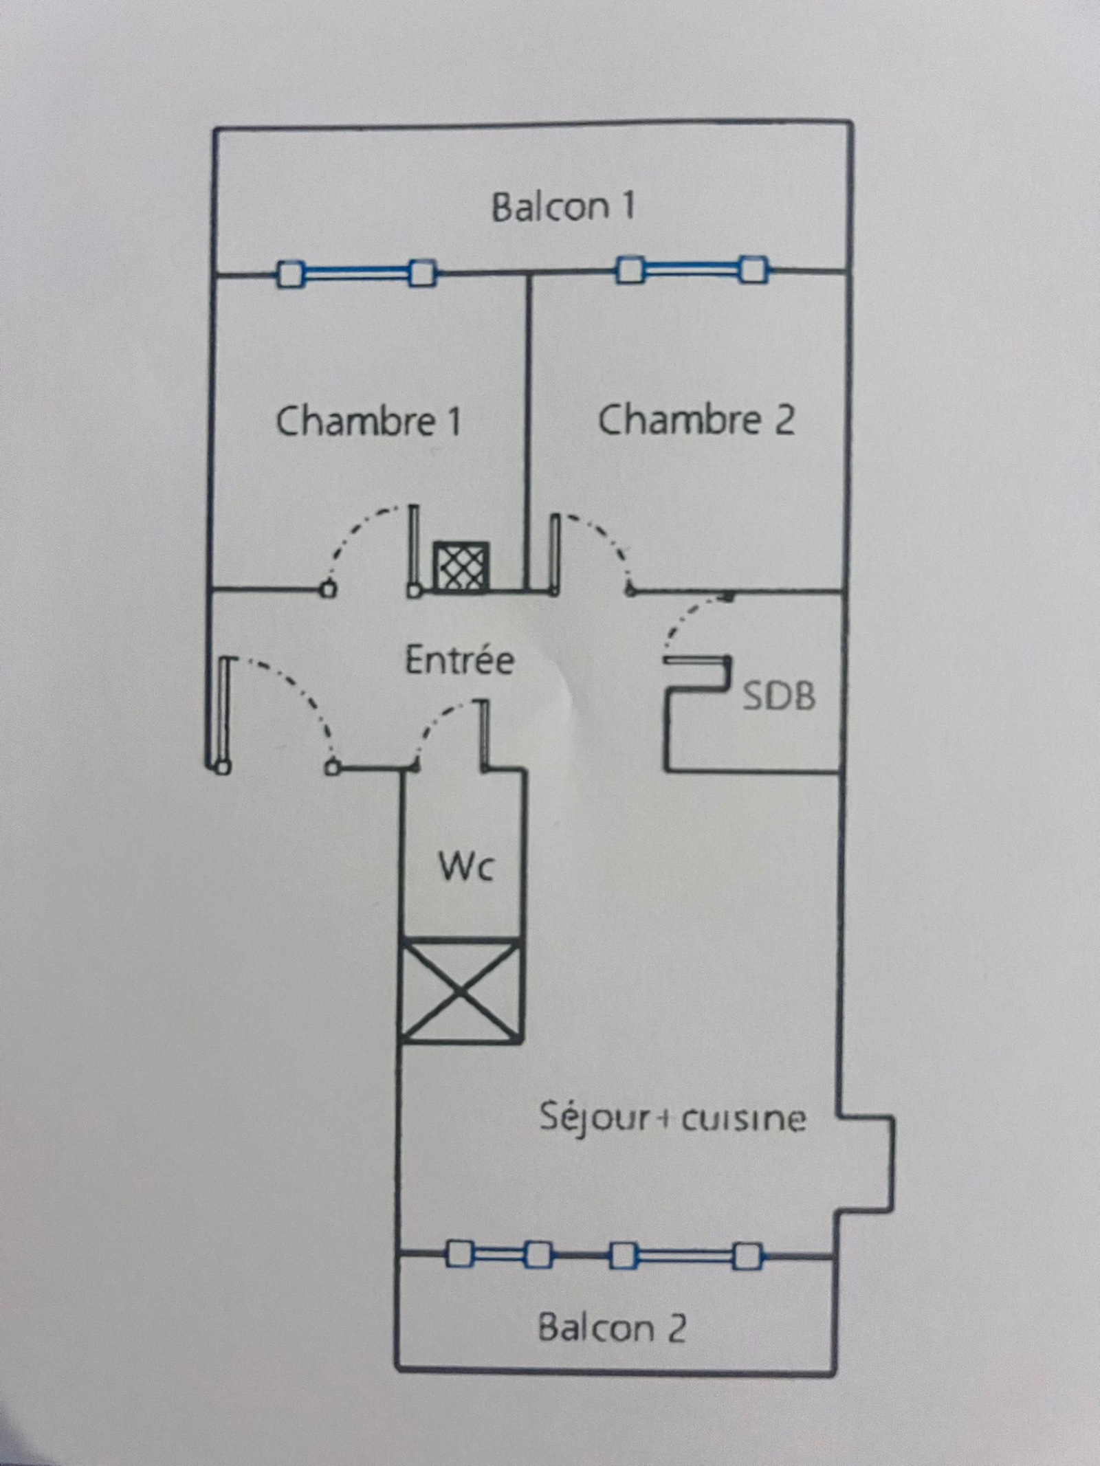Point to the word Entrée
(x=459, y=660)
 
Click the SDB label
(x=779, y=696)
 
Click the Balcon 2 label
(x=612, y=1328)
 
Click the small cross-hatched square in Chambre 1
(x=461, y=566)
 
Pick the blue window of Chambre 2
(x=692, y=269)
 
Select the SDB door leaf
(x=696, y=661)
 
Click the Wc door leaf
(x=484, y=733)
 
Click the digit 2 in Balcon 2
(x=676, y=1328)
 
